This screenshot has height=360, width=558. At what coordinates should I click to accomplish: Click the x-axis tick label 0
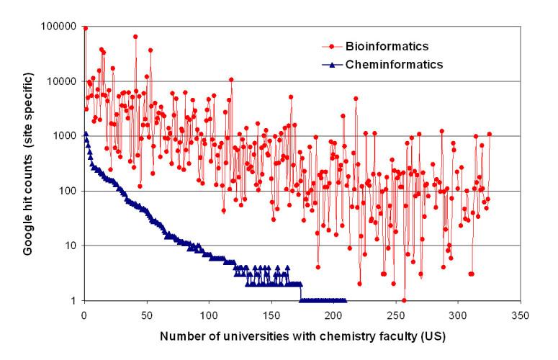(x=84, y=314)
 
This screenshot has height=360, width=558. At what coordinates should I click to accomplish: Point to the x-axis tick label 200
(x=333, y=314)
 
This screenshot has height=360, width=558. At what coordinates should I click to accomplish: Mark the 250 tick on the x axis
(x=396, y=314)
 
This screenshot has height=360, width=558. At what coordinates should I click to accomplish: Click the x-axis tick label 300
(x=458, y=314)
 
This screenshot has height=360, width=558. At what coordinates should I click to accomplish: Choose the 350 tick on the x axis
(x=521, y=314)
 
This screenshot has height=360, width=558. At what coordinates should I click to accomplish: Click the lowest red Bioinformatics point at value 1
(x=404, y=300)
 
